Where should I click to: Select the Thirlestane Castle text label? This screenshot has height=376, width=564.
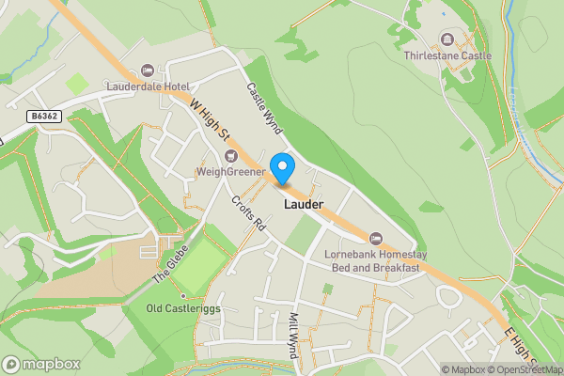447,56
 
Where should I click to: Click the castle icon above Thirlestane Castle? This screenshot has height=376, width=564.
446,39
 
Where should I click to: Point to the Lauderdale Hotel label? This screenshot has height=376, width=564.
149,86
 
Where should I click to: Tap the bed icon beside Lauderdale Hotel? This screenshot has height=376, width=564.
148,70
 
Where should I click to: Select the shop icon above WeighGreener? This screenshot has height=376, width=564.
231,155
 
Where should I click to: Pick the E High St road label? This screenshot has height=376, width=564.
519,347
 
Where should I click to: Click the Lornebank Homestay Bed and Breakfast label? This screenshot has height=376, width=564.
371,260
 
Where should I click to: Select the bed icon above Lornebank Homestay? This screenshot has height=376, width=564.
377,238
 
